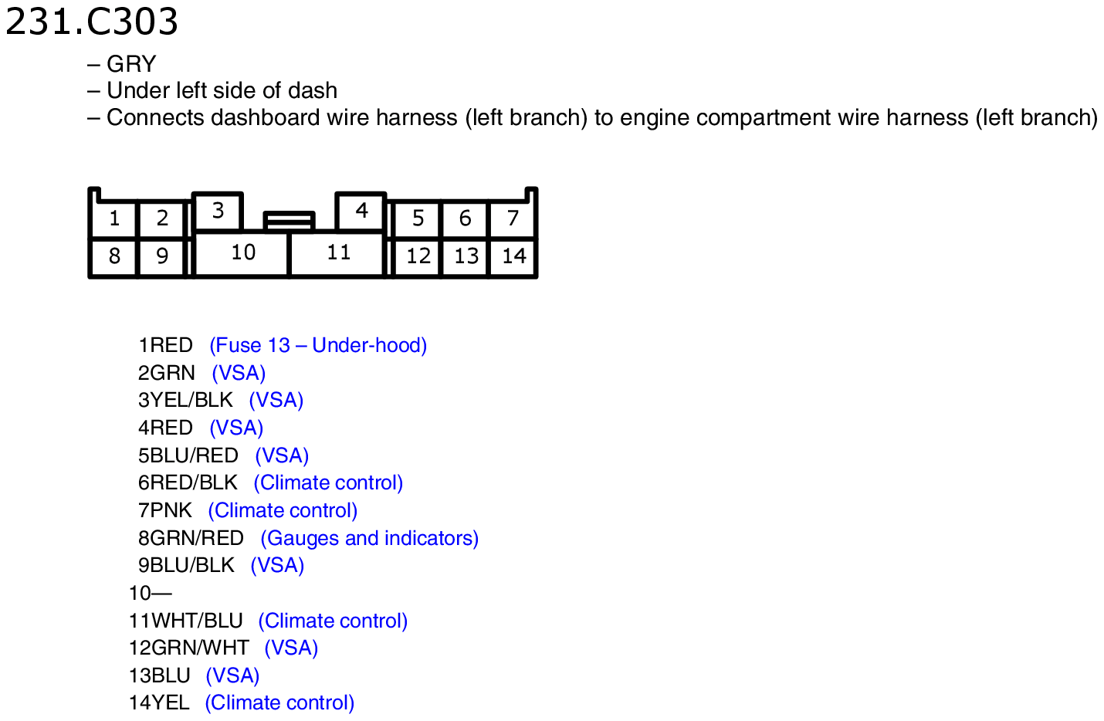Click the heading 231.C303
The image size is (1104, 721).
(91, 22)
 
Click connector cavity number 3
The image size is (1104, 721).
(218, 212)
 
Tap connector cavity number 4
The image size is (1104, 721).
(361, 212)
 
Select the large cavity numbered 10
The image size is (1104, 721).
(242, 253)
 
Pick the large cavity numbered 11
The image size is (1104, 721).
(337, 253)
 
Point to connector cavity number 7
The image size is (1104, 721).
(513, 218)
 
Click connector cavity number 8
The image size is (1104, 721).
(113, 257)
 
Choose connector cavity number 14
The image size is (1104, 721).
(513, 257)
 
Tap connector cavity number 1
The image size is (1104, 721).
(113, 218)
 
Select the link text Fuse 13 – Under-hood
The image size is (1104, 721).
(318, 346)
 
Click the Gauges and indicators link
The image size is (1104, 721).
(369, 538)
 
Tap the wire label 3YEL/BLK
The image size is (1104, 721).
(185, 400)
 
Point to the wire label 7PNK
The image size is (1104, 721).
(165, 510)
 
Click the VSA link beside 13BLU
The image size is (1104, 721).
(232, 675)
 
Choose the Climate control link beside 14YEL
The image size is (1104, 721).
(279, 702)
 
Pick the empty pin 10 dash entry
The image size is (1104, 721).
(151, 594)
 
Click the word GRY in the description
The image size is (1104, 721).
(131, 64)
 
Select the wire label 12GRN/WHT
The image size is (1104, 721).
(189, 648)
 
